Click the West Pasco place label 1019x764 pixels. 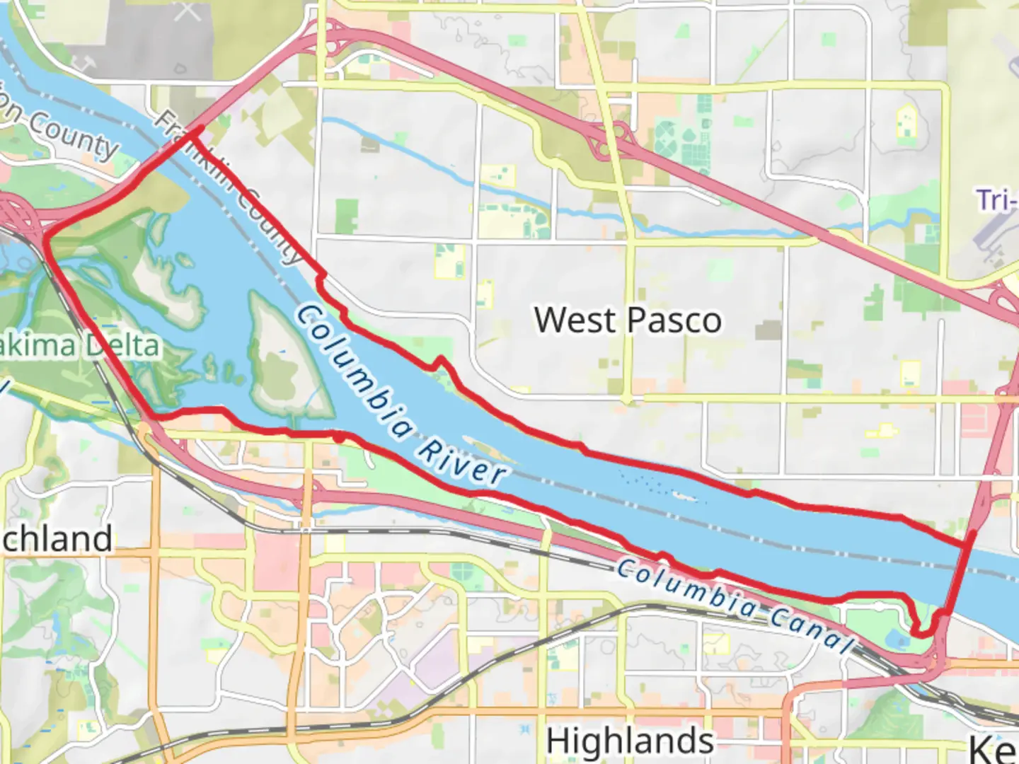(x=628, y=320)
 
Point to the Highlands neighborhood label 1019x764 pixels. (x=629, y=741)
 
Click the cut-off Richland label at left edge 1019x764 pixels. (x=57, y=539)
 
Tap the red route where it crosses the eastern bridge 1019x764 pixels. (x=967, y=545)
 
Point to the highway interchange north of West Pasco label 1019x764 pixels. (x=610, y=139)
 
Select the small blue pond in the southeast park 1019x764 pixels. (x=902, y=641)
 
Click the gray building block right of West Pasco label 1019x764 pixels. (x=768, y=330)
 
